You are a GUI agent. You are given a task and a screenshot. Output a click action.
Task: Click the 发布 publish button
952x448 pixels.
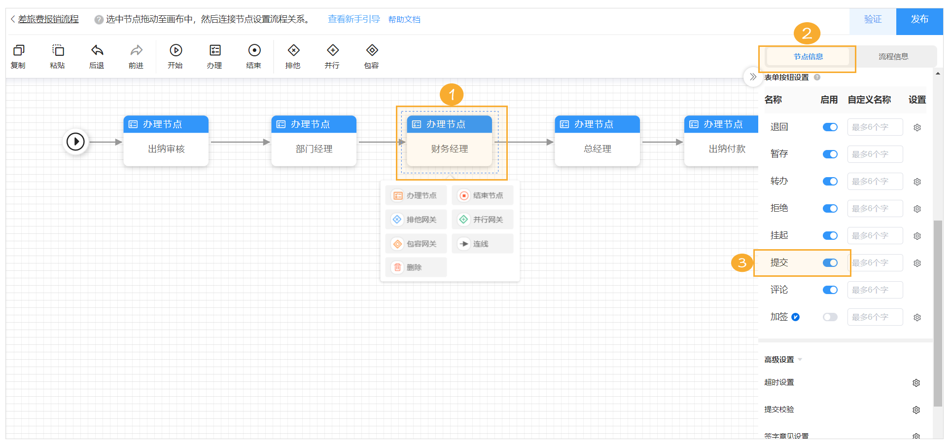click(x=919, y=20)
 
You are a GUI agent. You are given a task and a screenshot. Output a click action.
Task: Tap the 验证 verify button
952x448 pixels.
click(x=872, y=20)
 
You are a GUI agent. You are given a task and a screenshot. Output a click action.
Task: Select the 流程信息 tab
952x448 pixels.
click(x=893, y=57)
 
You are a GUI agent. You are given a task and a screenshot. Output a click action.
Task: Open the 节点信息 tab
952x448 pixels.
click(x=808, y=57)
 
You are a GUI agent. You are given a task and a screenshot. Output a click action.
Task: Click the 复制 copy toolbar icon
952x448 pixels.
click(x=18, y=51)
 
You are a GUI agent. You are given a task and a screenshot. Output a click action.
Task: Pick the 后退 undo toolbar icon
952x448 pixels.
click(x=97, y=51)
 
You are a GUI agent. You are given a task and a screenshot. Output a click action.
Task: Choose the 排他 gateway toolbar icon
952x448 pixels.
click(x=293, y=51)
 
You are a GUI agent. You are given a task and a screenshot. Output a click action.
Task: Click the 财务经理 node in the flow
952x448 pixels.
click(x=449, y=149)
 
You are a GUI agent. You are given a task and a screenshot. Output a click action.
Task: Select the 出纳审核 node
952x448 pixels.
click(x=166, y=149)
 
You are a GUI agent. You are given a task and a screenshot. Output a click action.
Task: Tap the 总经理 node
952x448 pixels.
click(x=597, y=149)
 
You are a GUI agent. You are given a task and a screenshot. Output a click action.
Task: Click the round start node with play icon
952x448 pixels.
click(x=75, y=142)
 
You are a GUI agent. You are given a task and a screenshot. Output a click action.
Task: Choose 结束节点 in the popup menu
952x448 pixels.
click(x=482, y=196)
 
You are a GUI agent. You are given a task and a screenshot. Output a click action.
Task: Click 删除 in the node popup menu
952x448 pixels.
click(x=416, y=267)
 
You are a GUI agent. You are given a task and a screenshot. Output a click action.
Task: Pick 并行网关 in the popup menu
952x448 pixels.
click(x=482, y=220)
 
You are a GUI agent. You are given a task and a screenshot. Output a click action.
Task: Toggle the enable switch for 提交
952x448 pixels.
click(x=830, y=263)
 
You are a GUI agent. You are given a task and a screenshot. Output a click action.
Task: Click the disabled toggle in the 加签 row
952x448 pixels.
click(x=830, y=317)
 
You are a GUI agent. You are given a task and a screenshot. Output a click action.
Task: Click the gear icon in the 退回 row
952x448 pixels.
click(x=917, y=127)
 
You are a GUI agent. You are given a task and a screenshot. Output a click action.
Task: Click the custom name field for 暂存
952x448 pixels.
click(x=875, y=154)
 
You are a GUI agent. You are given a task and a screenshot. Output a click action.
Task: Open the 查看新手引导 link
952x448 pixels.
click(x=353, y=19)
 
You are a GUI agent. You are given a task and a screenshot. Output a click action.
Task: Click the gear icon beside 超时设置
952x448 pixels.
click(x=916, y=383)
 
